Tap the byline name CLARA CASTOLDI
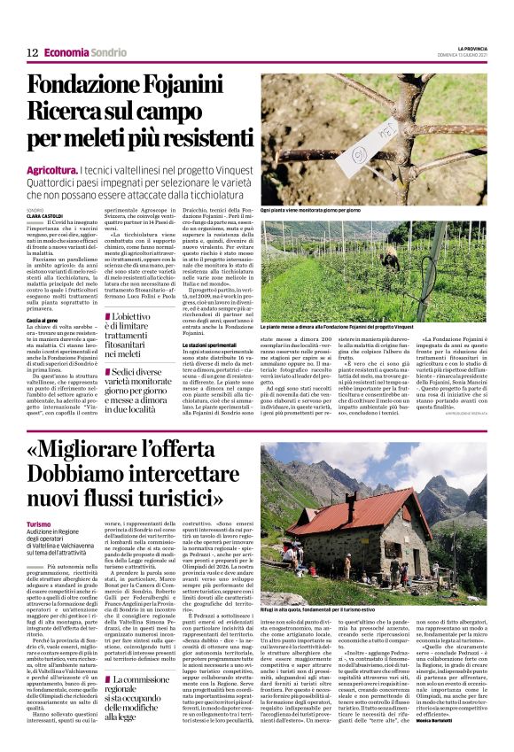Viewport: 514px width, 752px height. [x=44, y=215]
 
